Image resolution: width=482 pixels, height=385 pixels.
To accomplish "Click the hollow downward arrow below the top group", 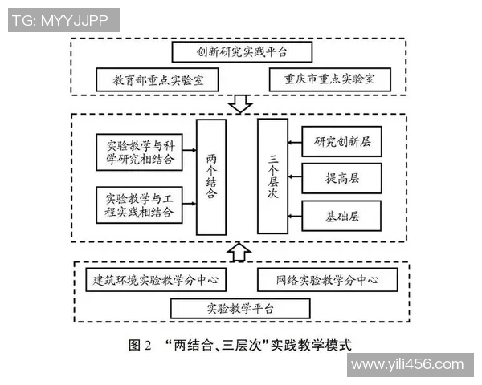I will pos(240,104).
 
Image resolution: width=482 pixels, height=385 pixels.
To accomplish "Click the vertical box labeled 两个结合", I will pos(210,177).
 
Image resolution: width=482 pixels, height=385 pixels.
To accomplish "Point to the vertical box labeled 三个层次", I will pos(272,177).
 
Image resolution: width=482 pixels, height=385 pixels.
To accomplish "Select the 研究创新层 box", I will pos(341,141).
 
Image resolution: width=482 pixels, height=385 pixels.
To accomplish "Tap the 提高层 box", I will pos(341,176).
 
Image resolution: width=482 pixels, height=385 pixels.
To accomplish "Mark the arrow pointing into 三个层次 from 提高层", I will pos(293,176).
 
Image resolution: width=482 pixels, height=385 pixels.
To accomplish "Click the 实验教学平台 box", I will pos(241,308).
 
